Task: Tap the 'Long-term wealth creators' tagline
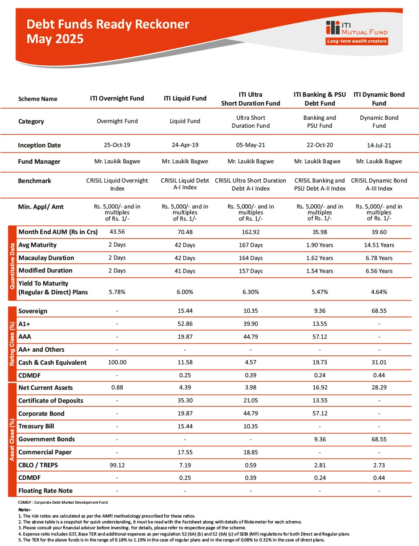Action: click(x=357, y=41)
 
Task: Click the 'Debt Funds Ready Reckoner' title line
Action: click(x=108, y=24)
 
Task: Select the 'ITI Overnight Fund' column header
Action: click(x=117, y=98)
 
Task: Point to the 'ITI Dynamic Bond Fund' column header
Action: click(x=379, y=99)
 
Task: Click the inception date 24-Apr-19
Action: click(x=185, y=145)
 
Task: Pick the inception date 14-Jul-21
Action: click(x=379, y=145)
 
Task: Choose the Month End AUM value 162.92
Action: click(x=251, y=232)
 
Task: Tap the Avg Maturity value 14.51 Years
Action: click(x=379, y=245)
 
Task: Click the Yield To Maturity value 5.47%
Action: click(x=320, y=292)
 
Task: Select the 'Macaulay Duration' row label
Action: click(x=46, y=258)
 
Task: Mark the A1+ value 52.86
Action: click(x=185, y=324)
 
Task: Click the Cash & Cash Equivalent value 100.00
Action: click(x=117, y=362)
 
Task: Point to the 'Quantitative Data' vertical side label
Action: click(x=12, y=266)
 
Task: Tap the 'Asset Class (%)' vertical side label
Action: click(x=12, y=440)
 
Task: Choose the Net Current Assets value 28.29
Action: click(x=379, y=388)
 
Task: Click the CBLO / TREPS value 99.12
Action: click(x=117, y=465)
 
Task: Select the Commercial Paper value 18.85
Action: click(x=251, y=452)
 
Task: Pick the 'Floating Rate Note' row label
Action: click(x=45, y=491)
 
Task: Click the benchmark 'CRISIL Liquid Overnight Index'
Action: click(x=117, y=184)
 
